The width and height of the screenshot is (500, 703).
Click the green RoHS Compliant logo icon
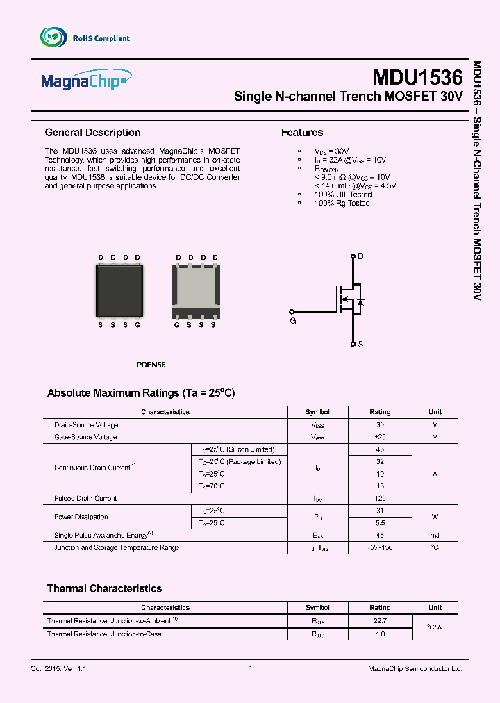point(53,38)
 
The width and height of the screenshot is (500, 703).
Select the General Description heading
point(92,133)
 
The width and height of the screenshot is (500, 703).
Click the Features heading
point(301,133)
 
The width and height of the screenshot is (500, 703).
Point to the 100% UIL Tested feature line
point(343,195)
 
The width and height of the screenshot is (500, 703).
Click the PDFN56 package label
point(151,365)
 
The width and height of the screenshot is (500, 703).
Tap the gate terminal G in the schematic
point(292,320)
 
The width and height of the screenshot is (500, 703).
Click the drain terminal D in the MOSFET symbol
point(360,257)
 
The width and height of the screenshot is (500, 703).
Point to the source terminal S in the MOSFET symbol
point(360,345)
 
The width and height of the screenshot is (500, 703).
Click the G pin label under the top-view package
point(137,325)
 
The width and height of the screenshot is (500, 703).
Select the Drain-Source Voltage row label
point(86,424)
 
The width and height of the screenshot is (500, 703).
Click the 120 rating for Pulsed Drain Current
point(380,498)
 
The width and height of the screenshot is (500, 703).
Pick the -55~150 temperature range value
point(380,547)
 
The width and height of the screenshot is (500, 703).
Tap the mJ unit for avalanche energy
point(435,535)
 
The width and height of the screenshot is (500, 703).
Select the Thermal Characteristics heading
point(104,588)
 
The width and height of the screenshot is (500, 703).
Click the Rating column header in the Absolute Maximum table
point(380,412)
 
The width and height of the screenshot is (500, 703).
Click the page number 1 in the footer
point(250,668)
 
